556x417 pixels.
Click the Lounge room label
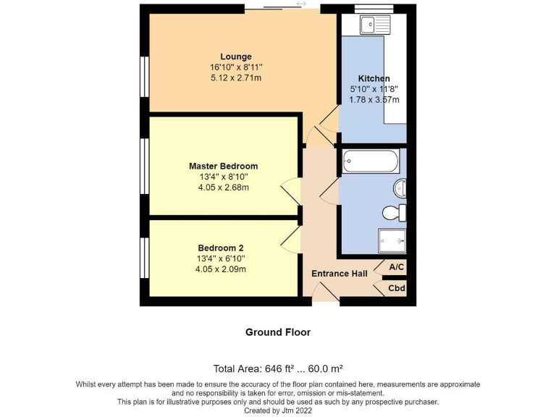236,56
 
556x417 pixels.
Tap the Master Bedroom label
223,166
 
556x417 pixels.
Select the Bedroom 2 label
220,248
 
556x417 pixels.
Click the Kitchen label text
374,78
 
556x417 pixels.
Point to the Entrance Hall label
339,274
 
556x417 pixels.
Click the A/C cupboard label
396,267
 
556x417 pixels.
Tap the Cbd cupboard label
396,288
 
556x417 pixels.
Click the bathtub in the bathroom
370,161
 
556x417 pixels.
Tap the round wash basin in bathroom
400,188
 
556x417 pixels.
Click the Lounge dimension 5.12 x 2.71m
236,77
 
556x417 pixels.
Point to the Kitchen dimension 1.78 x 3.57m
374,100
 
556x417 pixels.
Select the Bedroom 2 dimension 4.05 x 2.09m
220,269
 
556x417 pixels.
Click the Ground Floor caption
278,332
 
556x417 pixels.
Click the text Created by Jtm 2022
278,410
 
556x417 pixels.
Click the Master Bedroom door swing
291,191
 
